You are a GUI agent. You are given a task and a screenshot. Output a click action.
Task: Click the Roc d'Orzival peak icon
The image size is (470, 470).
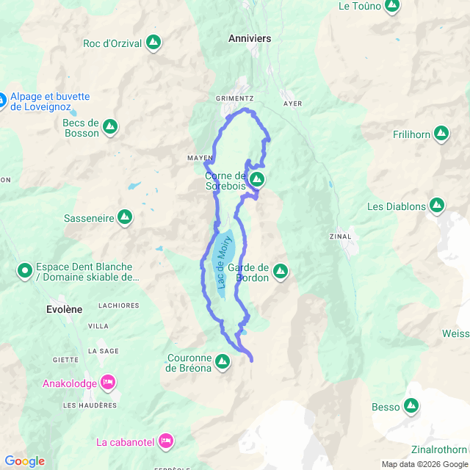[x=153, y=43]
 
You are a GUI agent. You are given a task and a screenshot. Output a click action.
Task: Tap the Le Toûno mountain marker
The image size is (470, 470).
[x=391, y=6]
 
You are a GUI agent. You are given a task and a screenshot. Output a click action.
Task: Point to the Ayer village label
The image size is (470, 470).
[x=293, y=104]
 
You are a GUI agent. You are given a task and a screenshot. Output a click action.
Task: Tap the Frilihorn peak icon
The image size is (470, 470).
[x=441, y=133]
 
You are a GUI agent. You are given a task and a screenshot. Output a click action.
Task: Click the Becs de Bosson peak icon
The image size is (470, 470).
[x=110, y=127]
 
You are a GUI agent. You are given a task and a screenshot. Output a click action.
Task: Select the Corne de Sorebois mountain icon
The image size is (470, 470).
[x=256, y=179]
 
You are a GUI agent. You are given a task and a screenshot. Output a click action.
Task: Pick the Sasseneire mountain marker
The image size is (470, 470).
[x=125, y=217]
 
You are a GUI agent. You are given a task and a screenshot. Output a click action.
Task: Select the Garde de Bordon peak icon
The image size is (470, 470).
[x=280, y=272]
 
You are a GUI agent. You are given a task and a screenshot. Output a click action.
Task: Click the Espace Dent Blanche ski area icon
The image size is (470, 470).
[x=25, y=272]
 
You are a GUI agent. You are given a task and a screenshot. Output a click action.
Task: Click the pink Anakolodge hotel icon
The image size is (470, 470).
[x=107, y=381]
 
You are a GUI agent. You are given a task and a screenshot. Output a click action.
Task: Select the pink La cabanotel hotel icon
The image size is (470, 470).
[x=165, y=441]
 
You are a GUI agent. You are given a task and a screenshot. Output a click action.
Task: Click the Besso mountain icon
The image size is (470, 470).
[x=411, y=405]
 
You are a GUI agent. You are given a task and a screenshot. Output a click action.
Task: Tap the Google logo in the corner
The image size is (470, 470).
[x=23, y=461]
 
